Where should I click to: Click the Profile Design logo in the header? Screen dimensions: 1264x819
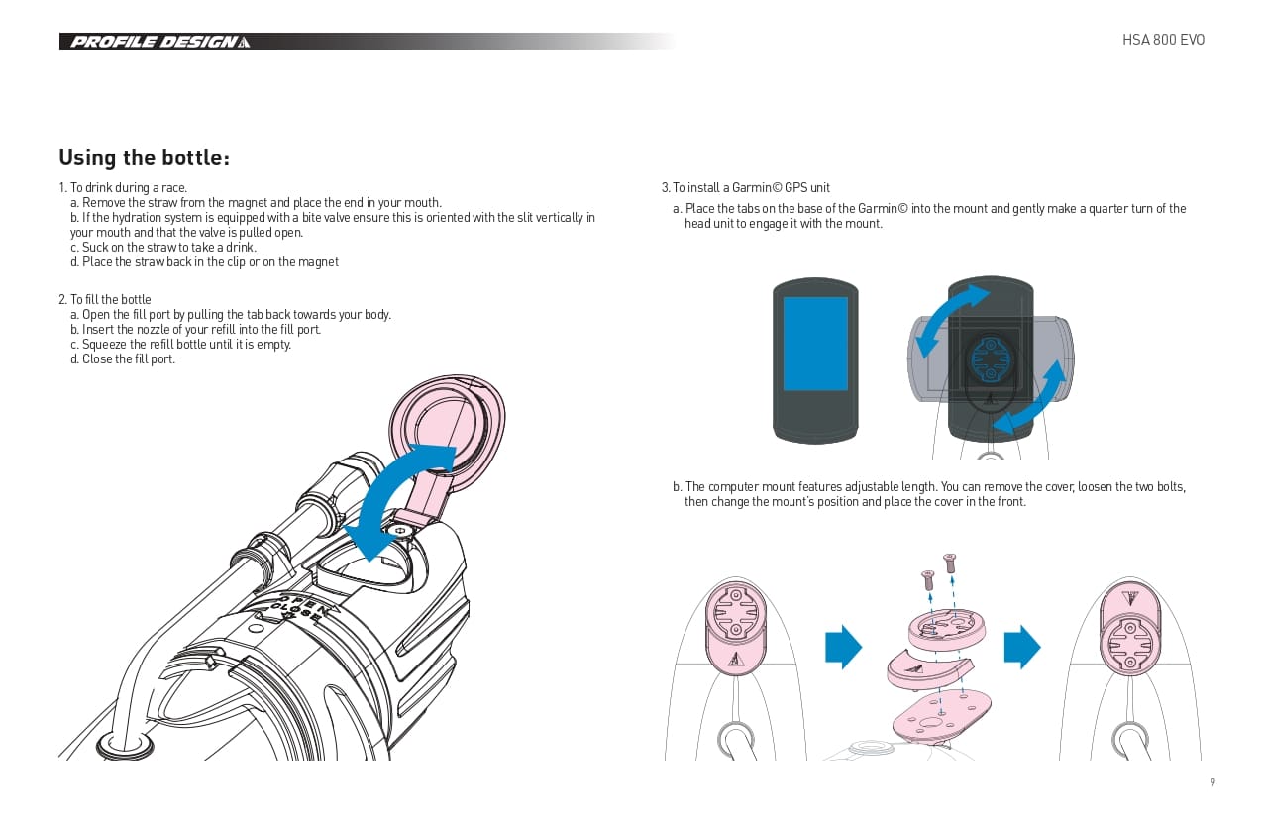point(159,42)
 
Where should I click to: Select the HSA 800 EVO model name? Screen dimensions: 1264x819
point(1163,40)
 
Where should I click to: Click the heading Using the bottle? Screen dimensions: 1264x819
point(144,157)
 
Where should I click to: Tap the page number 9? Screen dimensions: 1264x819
point(1212,781)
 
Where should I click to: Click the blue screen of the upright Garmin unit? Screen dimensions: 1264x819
point(815,344)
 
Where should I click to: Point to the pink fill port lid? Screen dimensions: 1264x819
point(447,429)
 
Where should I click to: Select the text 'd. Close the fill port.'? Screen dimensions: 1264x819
point(123,359)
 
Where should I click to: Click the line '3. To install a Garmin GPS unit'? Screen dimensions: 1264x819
point(745,187)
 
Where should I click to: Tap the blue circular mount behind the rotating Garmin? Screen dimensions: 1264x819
point(991,358)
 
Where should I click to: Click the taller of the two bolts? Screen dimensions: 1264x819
point(950,563)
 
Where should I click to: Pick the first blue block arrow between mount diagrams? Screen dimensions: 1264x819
point(844,647)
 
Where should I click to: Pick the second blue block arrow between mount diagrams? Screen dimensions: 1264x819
point(1022,647)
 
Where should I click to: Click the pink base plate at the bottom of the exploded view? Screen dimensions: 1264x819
point(941,716)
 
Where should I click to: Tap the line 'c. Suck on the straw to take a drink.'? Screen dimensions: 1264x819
point(163,247)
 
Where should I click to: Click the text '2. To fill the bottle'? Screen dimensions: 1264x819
point(105,299)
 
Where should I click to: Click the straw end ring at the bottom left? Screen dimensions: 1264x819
point(125,748)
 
